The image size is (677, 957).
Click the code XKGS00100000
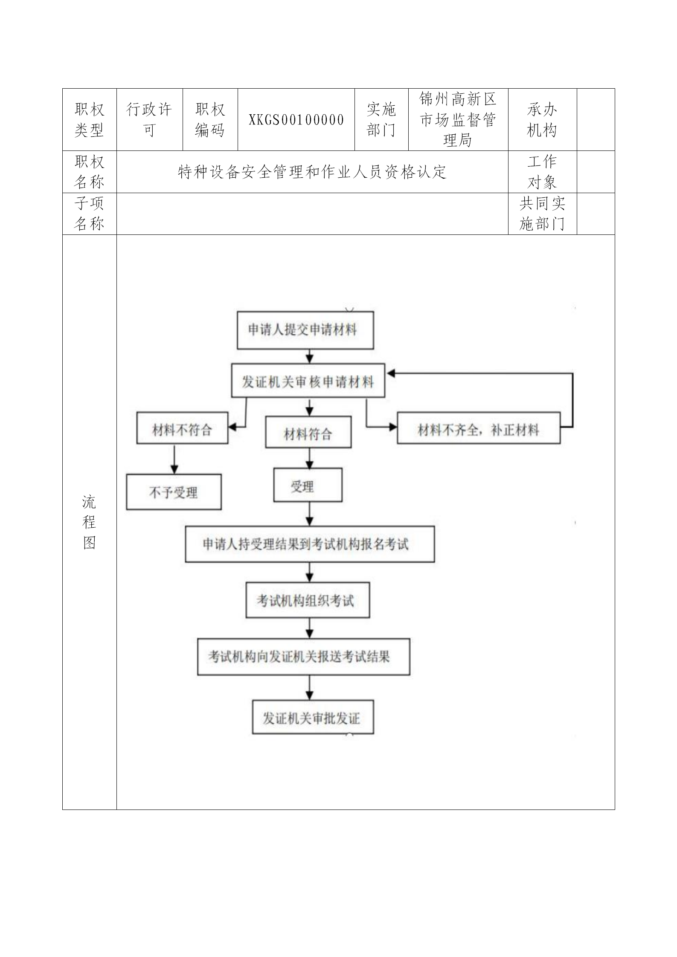(296, 120)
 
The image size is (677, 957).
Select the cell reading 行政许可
(149, 120)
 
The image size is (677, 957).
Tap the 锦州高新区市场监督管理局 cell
(458, 120)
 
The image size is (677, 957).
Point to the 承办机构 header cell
(542, 120)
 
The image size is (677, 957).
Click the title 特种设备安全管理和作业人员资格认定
(312, 172)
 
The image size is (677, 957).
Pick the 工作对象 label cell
(542, 172)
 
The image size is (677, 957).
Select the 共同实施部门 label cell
(542, 214)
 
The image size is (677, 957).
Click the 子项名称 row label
(89, 214)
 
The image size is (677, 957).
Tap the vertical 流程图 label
(89, 522)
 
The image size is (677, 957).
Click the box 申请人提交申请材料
(305, 330)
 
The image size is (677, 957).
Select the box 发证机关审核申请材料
(308, 381)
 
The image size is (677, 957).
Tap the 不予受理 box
(174, 492)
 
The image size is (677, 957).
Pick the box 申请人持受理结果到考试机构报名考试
(310, 544)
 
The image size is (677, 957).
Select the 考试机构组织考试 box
(308, 601)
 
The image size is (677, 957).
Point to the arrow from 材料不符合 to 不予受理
(174, 459)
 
